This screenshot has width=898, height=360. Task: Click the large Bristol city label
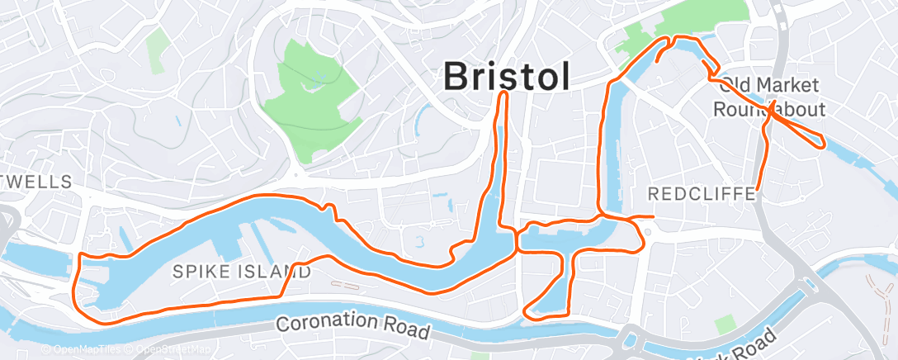506,76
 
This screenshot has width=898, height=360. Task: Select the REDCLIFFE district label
702,195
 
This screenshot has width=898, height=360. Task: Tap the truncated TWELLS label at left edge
37,181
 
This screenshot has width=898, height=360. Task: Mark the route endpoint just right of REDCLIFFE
757,192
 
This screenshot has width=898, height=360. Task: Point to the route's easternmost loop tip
822,145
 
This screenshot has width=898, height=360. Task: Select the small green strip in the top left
154,54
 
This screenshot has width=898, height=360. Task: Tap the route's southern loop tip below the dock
532,315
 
